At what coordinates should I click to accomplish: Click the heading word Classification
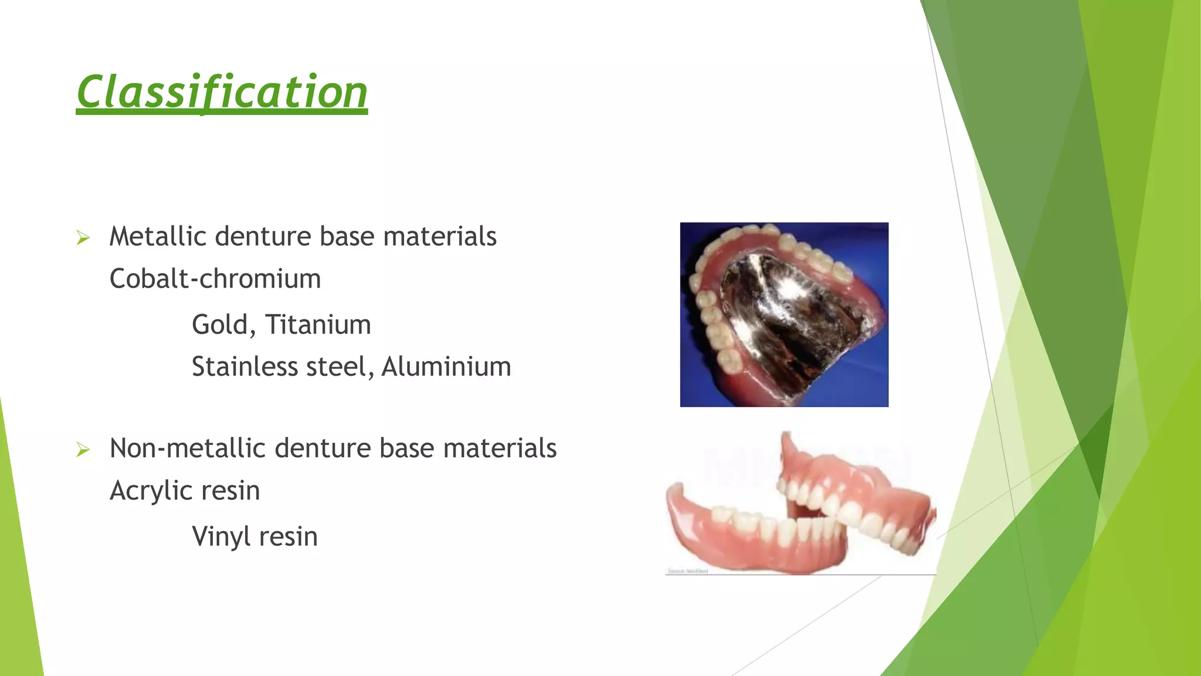tap(222, 93)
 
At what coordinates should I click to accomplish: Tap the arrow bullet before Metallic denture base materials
tap(83, 238)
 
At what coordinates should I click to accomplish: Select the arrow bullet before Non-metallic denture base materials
tap(83, 450)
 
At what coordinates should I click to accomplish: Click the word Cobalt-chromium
tap(215, 279)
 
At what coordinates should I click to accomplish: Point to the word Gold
tap(223, 325)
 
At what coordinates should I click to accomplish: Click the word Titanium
tap(318, 325)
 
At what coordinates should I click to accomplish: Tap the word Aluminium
tap(446, 367)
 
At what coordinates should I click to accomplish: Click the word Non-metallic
tap(188, 449)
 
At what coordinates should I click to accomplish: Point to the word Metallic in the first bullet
tap(158, 237)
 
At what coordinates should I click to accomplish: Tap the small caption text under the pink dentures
tap(688, 571)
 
